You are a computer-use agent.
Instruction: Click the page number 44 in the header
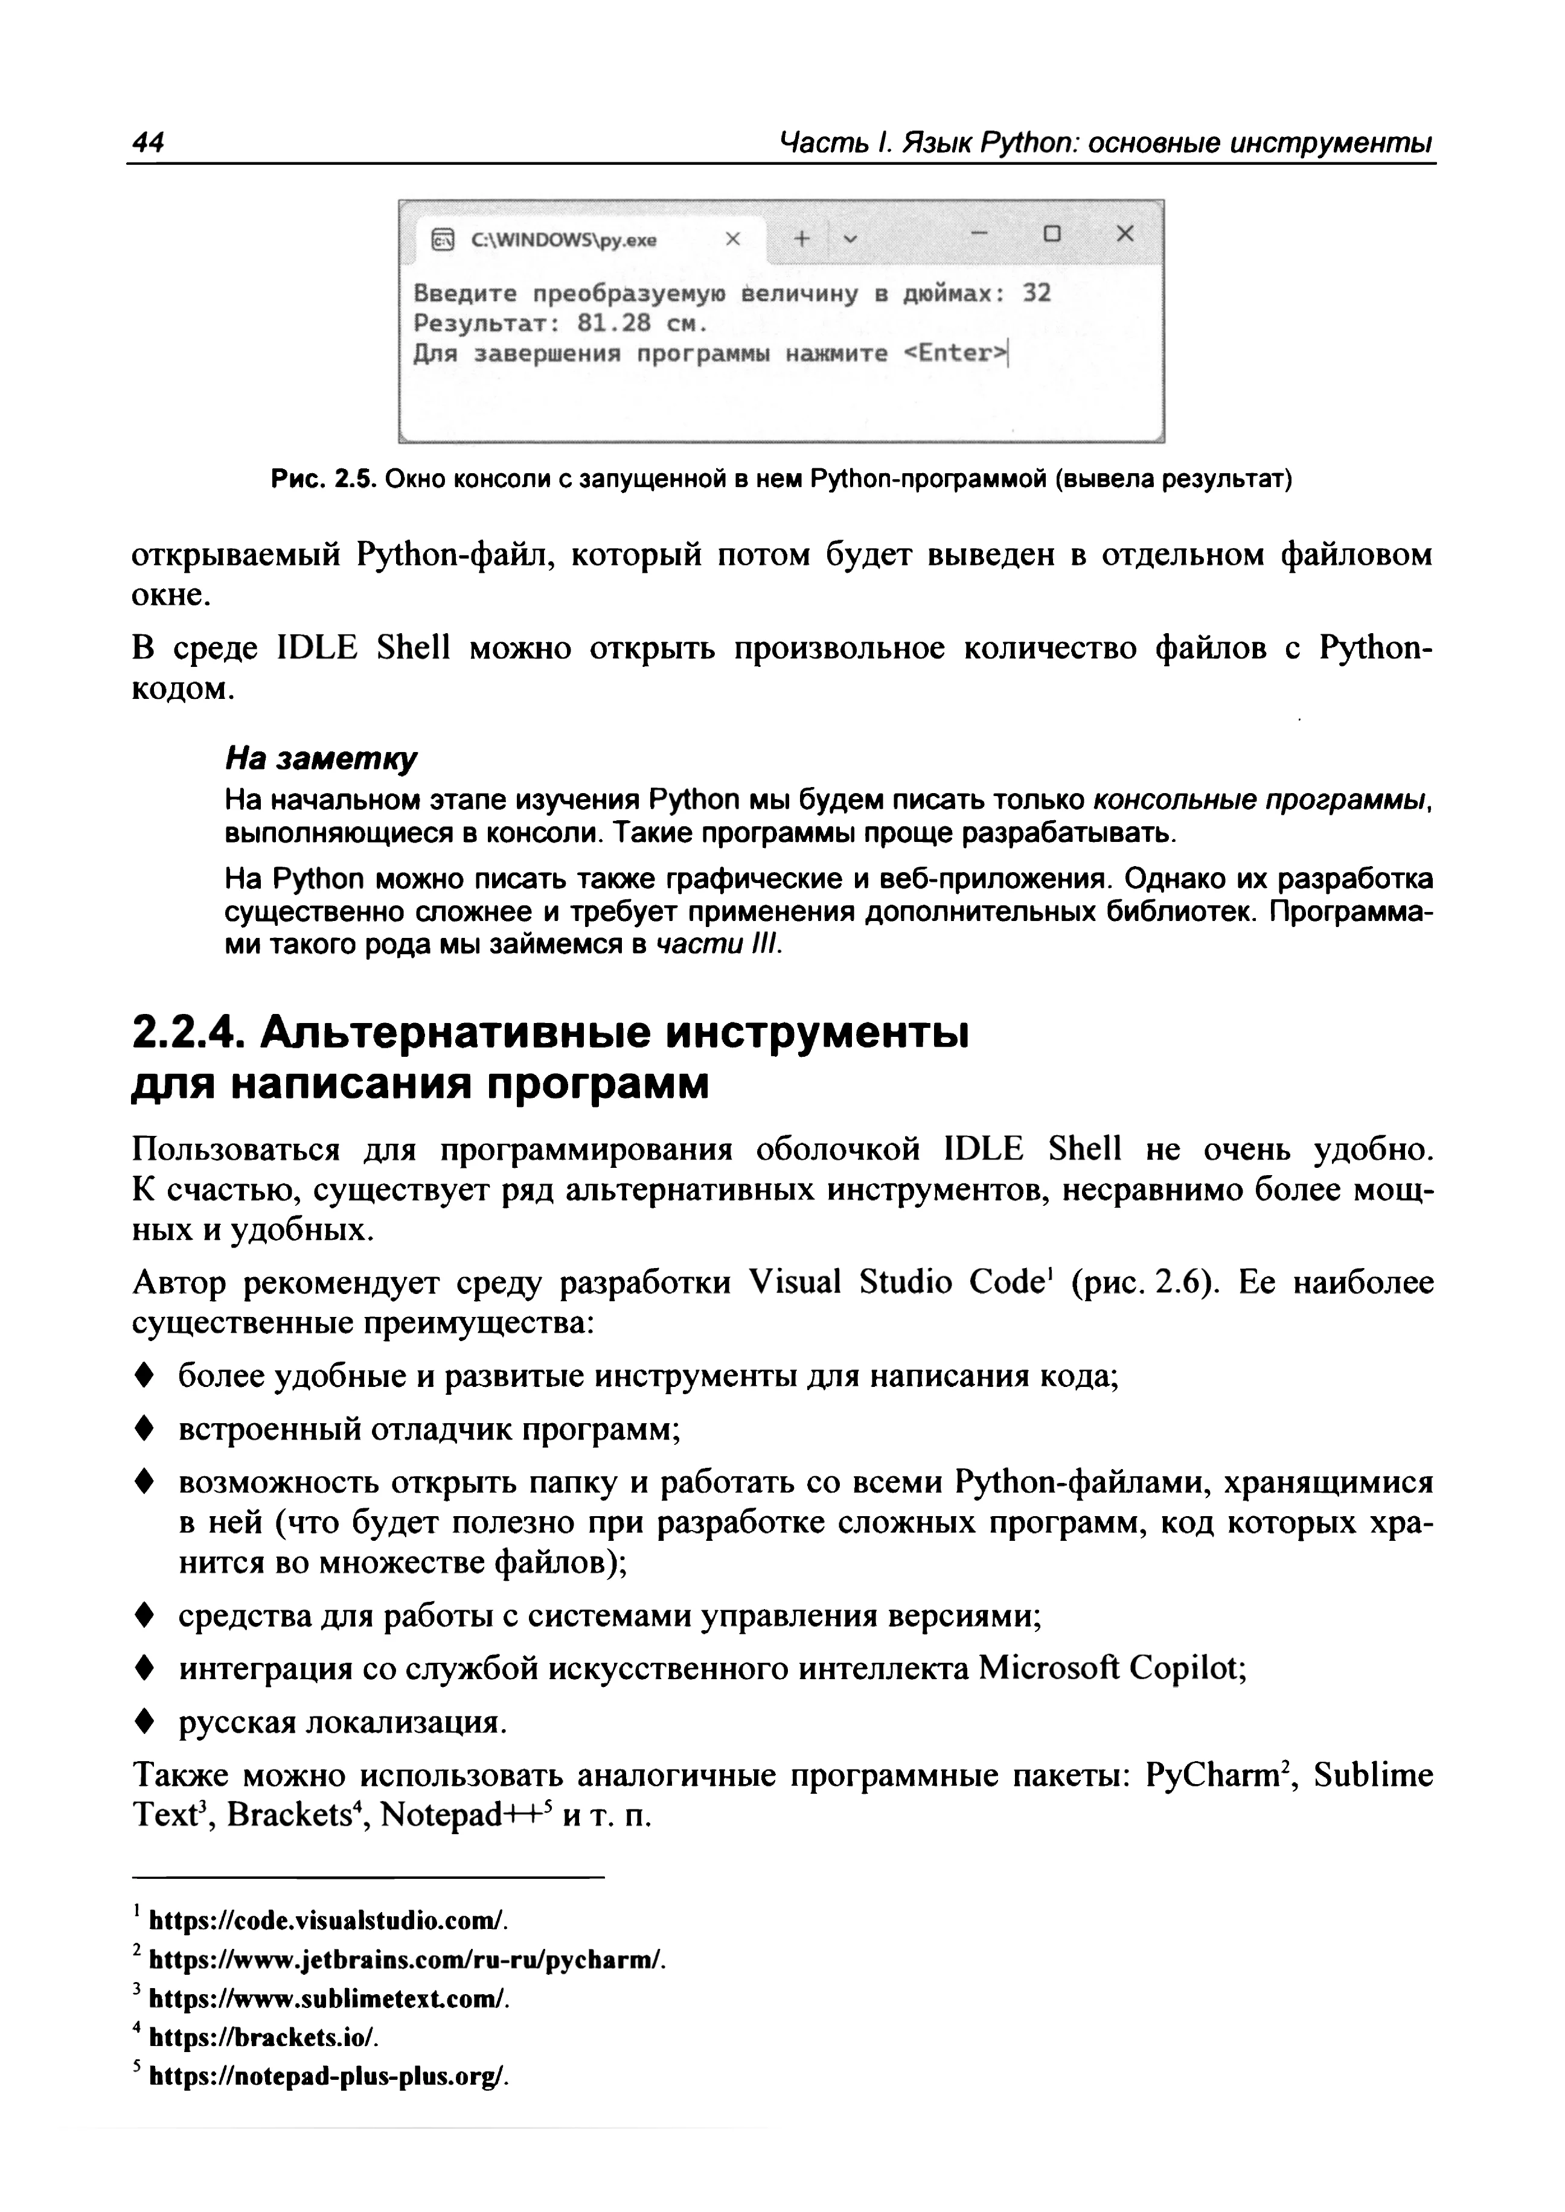click(x=149, y=142)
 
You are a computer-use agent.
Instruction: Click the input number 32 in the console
click(x=1036, y=293)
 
